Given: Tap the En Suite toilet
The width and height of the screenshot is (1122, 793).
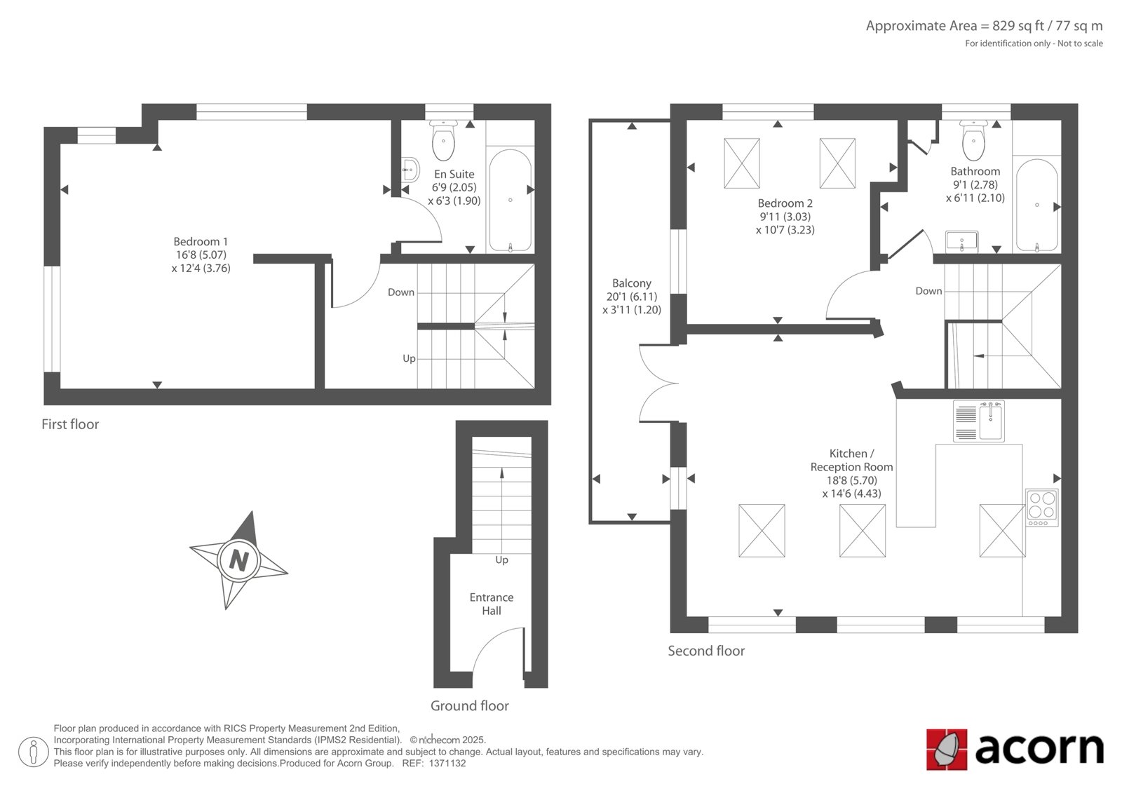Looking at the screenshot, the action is (443, 140).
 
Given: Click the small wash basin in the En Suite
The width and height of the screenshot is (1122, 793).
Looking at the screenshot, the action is (410, 170).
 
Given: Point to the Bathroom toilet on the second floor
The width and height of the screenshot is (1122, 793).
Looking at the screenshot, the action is (973, 140).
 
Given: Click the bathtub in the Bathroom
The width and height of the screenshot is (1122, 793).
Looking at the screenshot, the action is (1036, 205).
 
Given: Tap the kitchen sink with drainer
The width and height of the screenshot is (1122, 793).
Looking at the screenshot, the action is (979, 421).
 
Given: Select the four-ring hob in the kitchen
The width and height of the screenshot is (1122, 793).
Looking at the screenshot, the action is (1042, 508).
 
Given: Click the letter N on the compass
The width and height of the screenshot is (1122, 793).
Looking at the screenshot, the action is (239, 560).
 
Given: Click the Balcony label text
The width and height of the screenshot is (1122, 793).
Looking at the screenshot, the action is (632, 283).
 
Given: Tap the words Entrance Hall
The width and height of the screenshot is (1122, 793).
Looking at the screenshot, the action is (492, 604).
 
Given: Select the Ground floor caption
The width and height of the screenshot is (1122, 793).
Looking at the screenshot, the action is (469, 706).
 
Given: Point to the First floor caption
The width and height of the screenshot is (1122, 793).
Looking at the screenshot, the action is (70, 424).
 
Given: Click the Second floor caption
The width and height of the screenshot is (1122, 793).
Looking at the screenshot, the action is (706, 651).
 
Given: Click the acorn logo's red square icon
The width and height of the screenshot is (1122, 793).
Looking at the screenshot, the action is (947, 750).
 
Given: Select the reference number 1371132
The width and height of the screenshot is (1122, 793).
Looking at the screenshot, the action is (447, 764).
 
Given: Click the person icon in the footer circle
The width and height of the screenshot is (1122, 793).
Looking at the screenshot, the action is (33, 752).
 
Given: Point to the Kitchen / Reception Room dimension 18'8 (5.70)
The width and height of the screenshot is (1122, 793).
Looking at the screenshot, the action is (851, 480).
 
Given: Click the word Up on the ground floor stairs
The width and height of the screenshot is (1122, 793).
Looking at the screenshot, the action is (501, 560).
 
